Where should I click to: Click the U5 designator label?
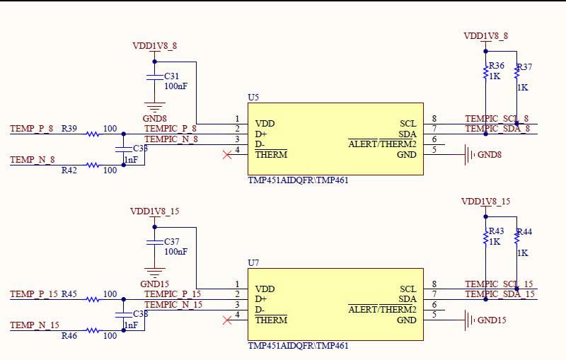click(253, 97)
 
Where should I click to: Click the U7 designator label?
click(253, 262)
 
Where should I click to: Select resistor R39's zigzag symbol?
click(93, 134)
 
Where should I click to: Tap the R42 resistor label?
click(69, 170)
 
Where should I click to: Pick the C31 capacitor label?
click(172, 76)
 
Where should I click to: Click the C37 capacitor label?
click(172, 241)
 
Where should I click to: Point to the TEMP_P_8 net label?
click(32, 129)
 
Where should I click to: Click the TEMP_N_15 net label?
click(34, 325)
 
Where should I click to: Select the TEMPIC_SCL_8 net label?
click(497, 118)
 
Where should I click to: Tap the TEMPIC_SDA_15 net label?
click(499, 294)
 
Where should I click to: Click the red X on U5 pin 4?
click(227, 154)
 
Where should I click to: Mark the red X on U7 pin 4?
click(227, 320)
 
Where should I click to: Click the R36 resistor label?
click(497, 65)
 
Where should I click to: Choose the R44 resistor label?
click(524, 232)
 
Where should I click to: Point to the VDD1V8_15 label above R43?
click(485, 202)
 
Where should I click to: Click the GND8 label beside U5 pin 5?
click(490, 155)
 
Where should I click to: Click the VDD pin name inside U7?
click(265, 289)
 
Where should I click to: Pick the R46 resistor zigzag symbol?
click(93, 330)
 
